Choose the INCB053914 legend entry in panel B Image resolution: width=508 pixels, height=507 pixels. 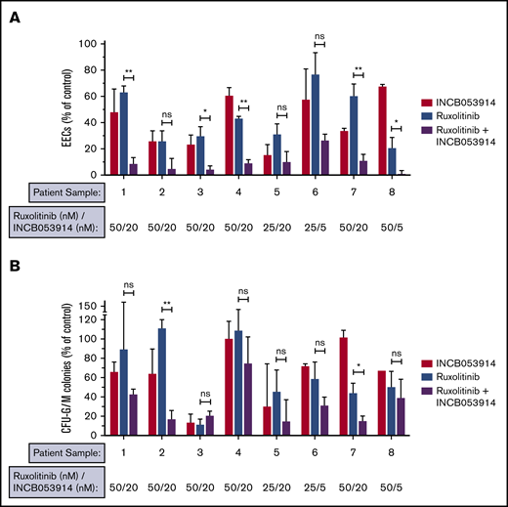click(456, 363)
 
